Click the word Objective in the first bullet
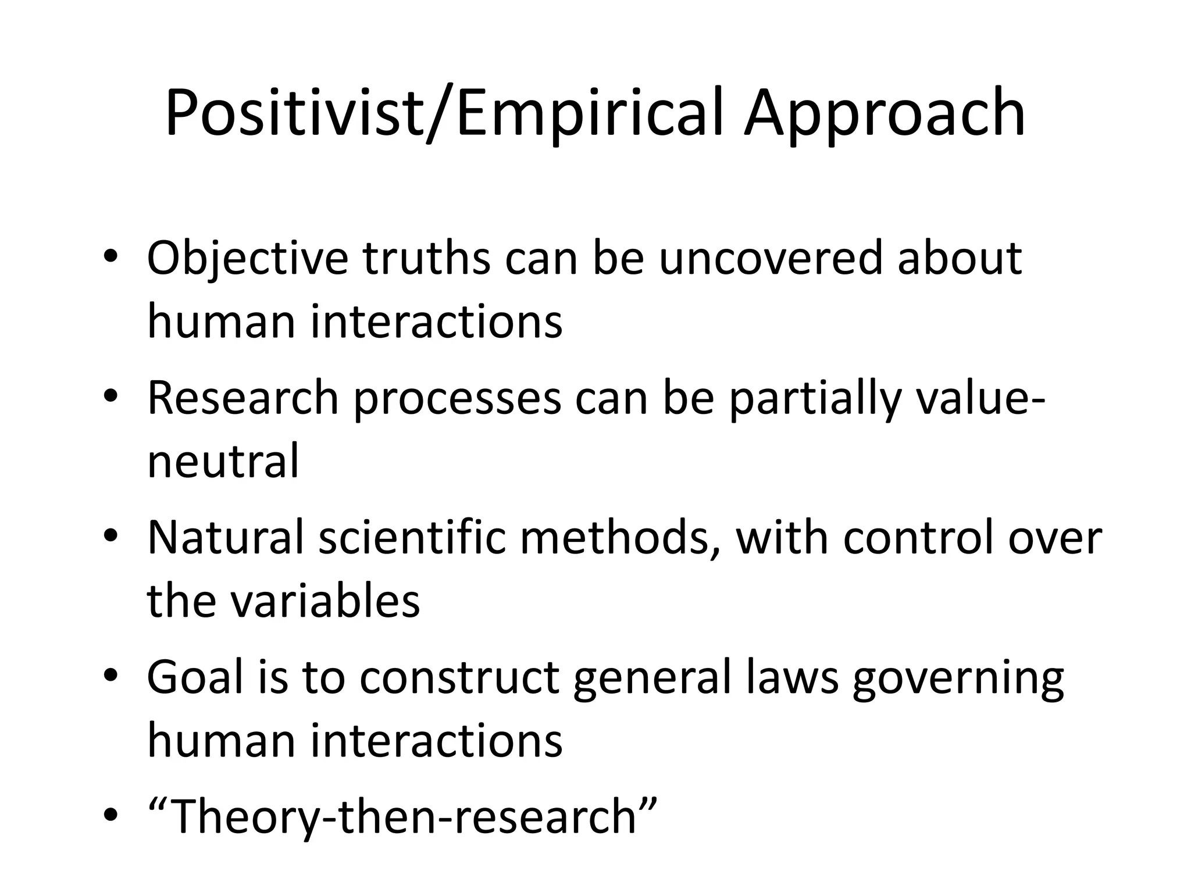click(248, 259)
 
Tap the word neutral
click(223, 461)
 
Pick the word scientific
click(413, 538)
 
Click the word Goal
click(195, 677)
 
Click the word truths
click(427, 258)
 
